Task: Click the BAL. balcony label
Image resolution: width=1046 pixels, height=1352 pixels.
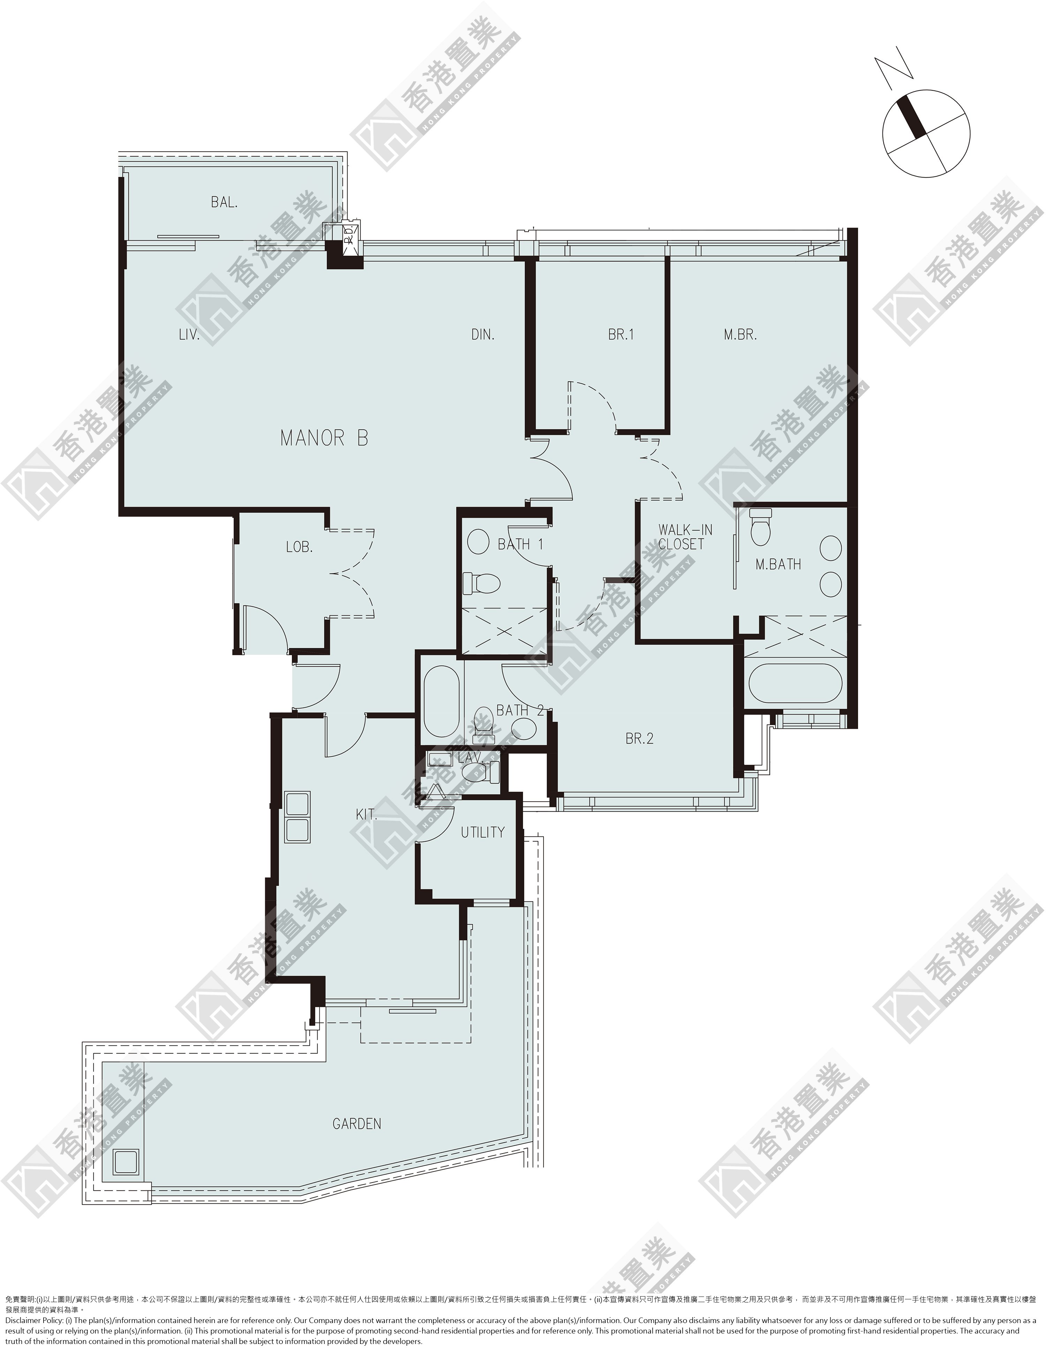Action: coord(224,202)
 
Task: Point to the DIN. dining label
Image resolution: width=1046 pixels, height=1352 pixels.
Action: coord(483,335)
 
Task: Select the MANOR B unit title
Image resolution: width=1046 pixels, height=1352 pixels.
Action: coord(324,438)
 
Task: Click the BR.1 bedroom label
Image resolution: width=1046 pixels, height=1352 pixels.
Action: coord(621,335)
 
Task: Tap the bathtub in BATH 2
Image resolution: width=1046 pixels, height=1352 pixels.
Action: coord(441,701)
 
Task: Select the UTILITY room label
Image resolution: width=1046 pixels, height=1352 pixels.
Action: coord(483,833)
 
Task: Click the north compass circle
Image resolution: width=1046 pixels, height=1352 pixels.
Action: coord(926,134)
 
